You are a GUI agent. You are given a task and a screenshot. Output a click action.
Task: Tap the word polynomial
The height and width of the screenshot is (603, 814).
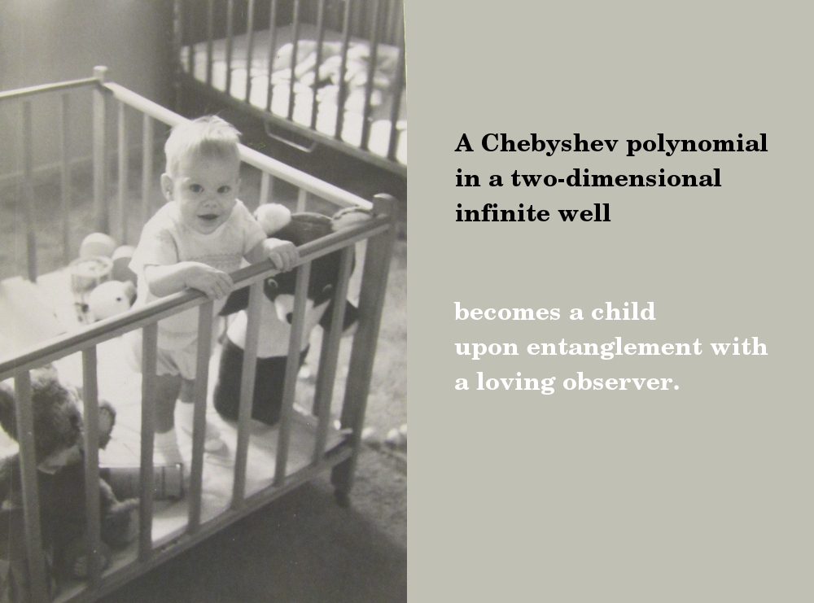pyautogui.click(x=697, y=144)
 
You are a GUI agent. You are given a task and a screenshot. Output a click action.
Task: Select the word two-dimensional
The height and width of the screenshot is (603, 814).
pyautogui.click(x=616, y=178)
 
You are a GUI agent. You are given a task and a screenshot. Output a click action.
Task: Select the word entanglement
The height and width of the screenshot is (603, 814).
pyautogui.click(x=614, y=347)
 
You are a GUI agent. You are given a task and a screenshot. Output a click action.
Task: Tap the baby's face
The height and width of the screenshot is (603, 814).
pyautogui.click(x=203, y=194)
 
